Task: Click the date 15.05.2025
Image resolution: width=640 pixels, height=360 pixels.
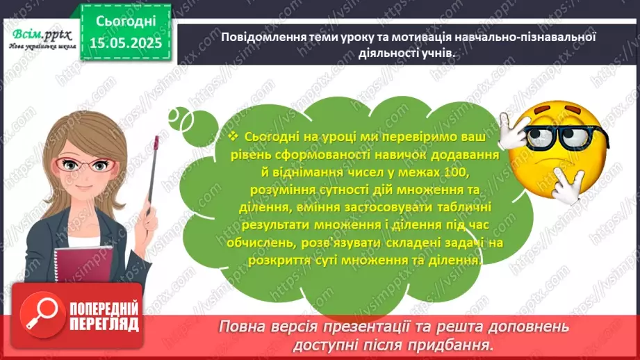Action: pyautogui.click(x=127, y=44)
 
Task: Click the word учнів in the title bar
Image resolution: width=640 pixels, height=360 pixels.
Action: pyautogui.click(x=438, y=52)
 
